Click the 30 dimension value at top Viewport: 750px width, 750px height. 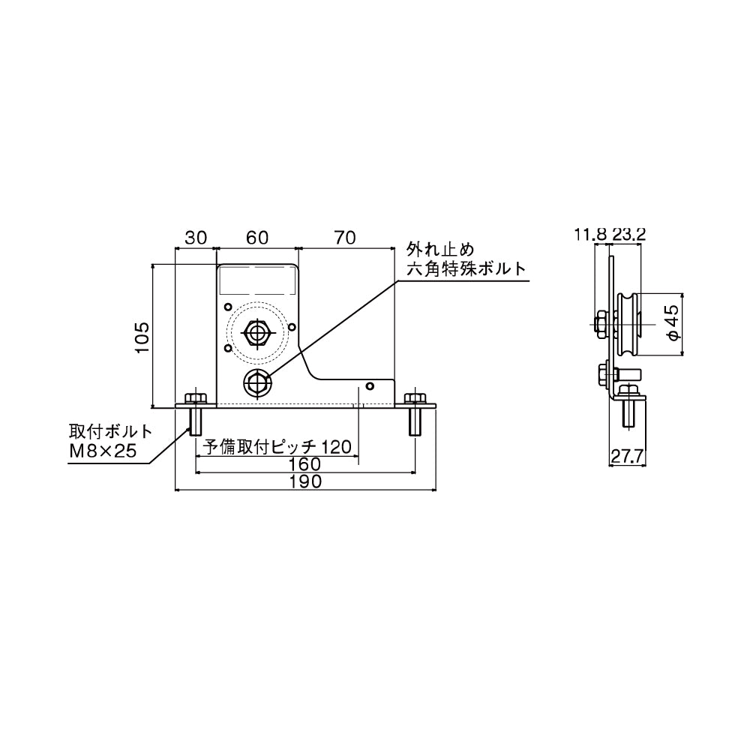[x=195, y=238]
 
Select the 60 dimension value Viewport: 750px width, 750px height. [x=257, y=238]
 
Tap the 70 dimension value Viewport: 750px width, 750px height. [x=344, y=238]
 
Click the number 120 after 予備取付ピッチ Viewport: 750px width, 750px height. [x=337, y=447]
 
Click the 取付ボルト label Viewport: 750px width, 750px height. [x=109, y=433]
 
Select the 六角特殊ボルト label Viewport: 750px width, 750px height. [x=466, y=268]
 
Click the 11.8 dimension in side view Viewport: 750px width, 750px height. [x=590, y=234]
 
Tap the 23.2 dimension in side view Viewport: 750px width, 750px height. [x=628, y=234]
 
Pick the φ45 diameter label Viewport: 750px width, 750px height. [x=673, y=323]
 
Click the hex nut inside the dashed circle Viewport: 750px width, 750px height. [x=258, y=331]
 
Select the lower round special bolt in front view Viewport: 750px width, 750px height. [x=256, y=382]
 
